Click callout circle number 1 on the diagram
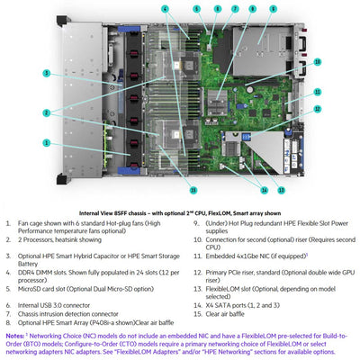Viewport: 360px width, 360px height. (x=46, y=142)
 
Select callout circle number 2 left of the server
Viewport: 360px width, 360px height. (x=46, y=112)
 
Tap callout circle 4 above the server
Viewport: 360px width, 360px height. (x=164, y=8)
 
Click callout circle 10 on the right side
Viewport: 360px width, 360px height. (x=319, y=61)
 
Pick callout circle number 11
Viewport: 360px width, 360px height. (x=319, y=92)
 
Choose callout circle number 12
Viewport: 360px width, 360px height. (x=319, y=107)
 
